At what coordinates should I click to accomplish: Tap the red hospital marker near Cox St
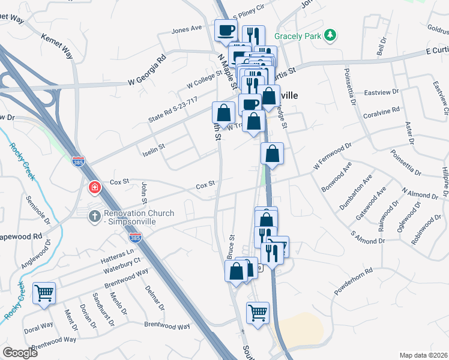point(94,188)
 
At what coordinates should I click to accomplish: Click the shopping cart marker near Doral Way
point(44,293)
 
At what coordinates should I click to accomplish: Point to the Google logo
point(20,352)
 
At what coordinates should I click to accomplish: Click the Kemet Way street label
point(56,46)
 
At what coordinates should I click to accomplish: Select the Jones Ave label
point(187,29)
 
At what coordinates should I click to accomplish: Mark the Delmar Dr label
point(154,297)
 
